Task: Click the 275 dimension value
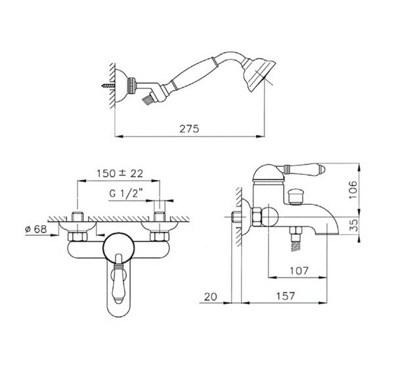(x=189, y=129)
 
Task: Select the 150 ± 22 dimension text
(x=120, y=173)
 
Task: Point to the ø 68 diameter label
(x=36, y=229)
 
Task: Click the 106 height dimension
(x=353, y=189)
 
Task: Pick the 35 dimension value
(x=353, y=225)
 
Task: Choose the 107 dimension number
(x=299, y=271)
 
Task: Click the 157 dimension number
(x=286, y=296)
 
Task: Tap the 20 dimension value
(x=210, y=297)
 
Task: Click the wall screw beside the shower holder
(x=108, y=85)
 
